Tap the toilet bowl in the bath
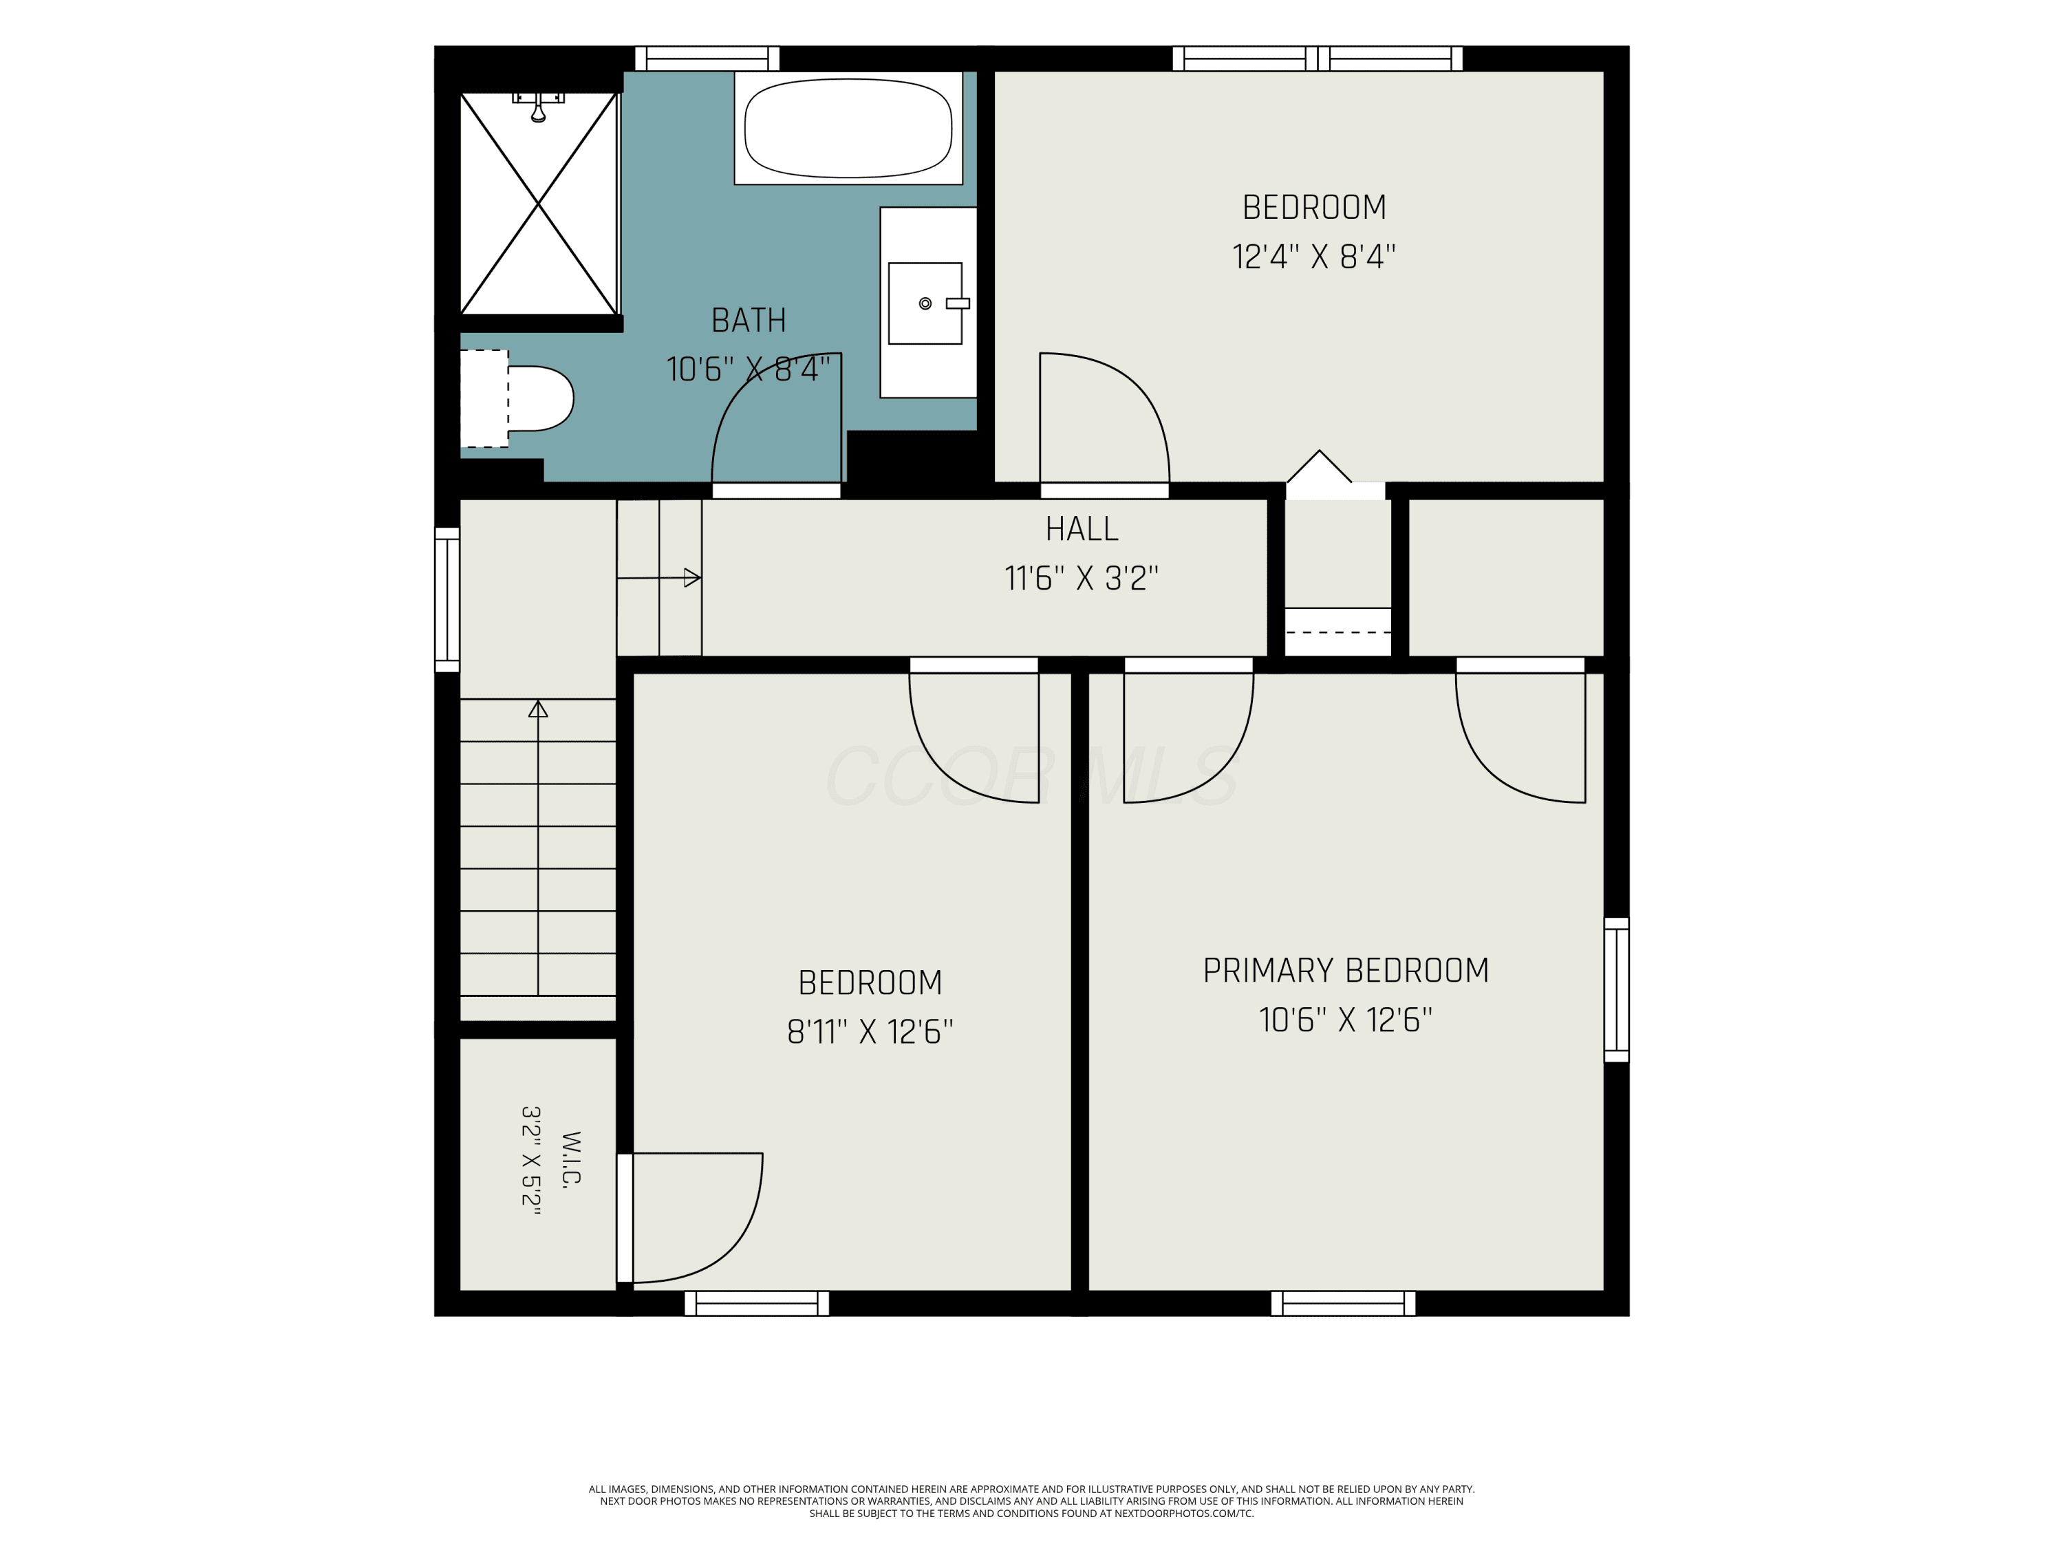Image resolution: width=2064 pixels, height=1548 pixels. pyautogui.click(x=539, y=398)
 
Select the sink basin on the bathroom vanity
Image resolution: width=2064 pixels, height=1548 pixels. pyautogui.click(x=925, y=303)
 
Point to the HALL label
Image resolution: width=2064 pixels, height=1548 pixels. pyautogui.click(x=1082, y=529)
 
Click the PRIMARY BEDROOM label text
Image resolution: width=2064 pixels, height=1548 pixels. pyautogui.click(x=1346, y=970)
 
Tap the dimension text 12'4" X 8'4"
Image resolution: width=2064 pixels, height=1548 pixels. pyautogui.click(x=1314, y=256)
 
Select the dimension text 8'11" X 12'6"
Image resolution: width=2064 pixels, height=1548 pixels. pyautogui.click(x=870, y=1031)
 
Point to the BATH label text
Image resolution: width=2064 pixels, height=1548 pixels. pyautogui.click(x=749, y=320)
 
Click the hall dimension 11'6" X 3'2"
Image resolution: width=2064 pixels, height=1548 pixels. pyautogui.click(x=1082, y=579)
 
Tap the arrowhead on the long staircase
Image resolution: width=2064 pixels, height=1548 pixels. pyautogui.click(x=537, y=709)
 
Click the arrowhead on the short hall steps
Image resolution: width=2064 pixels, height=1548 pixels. pyautogui.click(x=692, y=578)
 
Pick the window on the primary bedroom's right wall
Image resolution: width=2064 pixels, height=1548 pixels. pyautogui.click(x=1616, y=989)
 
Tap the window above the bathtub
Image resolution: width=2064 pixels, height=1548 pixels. pyautogui.click(x=707, y=58)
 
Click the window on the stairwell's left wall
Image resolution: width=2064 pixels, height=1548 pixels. pyautogui.click(x=447, y=599)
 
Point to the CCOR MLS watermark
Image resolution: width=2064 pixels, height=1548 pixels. pyautogui.click(x=1031, y=776)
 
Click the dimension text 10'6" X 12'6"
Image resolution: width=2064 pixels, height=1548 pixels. pyautogui.click(x=1346, y=1020)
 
